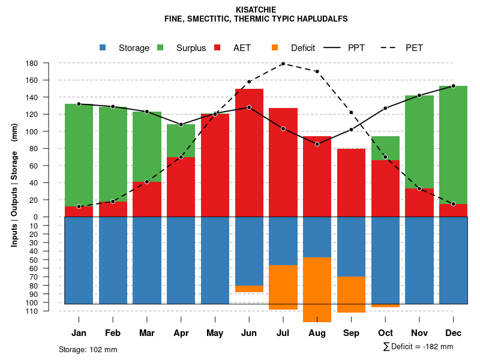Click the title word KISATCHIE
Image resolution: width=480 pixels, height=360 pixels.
click(x=256, y=10)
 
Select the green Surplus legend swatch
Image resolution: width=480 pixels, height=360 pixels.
click(x=160, y=48)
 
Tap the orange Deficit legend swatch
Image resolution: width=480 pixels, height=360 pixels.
click(x=275, y=48)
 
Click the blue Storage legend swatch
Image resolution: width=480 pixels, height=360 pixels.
click(x=103, y=48)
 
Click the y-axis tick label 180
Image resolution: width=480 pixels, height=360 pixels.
click(x=32, y=63)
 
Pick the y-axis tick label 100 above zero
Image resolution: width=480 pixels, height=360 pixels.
click(x=32, y=131)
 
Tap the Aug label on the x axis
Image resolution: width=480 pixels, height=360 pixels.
click(x=317, y=333)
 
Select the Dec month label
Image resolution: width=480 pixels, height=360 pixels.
click(x=454, y=333)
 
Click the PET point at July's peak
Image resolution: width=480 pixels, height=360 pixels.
click(x=283, y=63)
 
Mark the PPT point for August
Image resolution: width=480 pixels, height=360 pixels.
click(x=317, y=144)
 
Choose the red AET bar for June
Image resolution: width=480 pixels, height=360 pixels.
click(x=249, y=152)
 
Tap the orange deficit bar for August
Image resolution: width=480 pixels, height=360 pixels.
click(x=317, y=290)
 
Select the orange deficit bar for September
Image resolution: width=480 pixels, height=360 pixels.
click(x=351, y=295)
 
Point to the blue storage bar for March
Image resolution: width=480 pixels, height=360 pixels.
click(x=147, y=260)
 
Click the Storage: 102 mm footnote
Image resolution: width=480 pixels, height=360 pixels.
click(x=88, y=349)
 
